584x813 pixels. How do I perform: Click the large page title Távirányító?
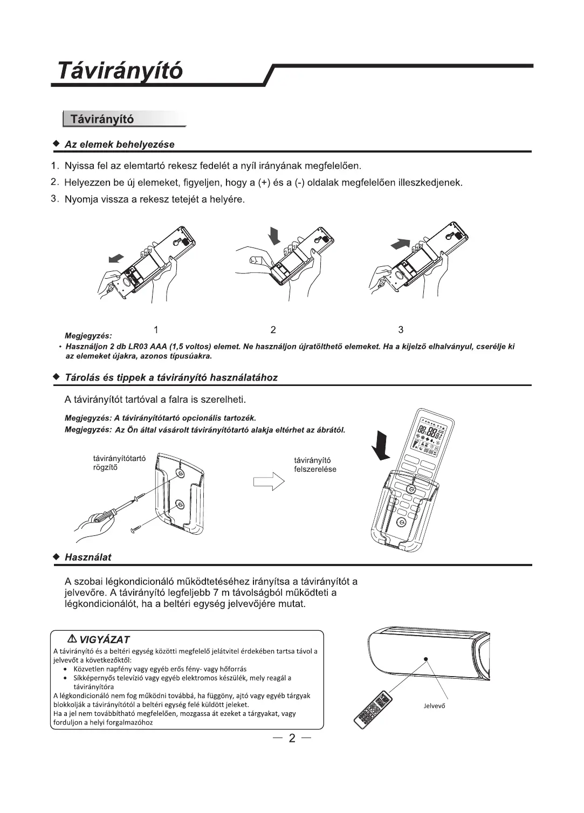(120, 71)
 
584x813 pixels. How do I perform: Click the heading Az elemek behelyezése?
(119, 144)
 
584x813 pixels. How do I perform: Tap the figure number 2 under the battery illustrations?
(273, 329)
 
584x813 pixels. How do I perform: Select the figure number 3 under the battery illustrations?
(401, 329)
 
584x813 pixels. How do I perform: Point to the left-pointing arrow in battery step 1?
(116, 259)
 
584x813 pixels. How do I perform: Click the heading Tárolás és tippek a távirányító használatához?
(171, 377)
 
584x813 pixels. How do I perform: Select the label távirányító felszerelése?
(315, 465)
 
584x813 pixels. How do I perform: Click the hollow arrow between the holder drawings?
(269, 480)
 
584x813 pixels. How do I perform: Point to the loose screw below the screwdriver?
(139, 529)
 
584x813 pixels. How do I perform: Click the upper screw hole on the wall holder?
(180, 474)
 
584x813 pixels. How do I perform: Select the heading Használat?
(88, 557)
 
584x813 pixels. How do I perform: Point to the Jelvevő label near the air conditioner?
(434, 706)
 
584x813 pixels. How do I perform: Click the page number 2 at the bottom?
(292, 738)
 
